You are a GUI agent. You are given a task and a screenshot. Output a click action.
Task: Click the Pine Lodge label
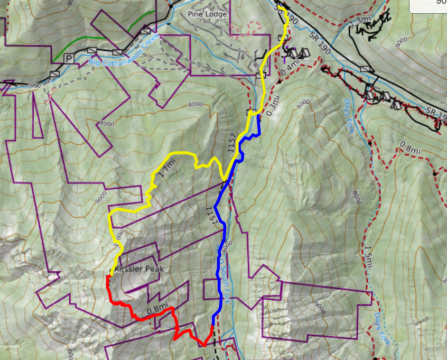[207, 13]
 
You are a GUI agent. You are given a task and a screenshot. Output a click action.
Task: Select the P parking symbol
[68, 58]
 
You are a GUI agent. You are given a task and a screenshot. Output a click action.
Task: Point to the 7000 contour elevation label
[33, 85]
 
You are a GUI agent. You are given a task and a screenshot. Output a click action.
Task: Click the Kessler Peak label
[139, 269]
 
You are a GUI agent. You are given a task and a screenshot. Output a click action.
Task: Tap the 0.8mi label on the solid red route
[157, 307]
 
